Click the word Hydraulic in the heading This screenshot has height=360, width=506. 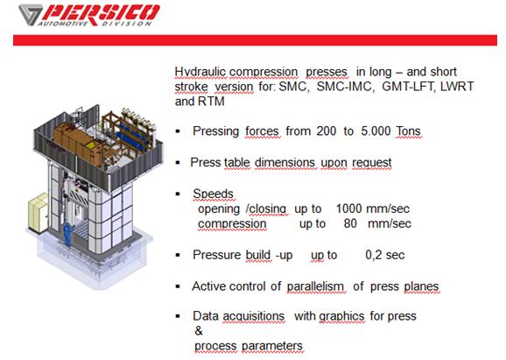pyautogui.click(x=200, y=72)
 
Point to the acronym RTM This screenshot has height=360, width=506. pyautogui.click(x=211, y=102)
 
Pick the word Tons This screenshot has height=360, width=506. pyautogui.click(x=409, y=131)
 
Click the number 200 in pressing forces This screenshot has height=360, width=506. pyautogui.click(x=327, y=131)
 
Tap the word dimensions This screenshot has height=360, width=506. pyautogui.click(x=285, y=162)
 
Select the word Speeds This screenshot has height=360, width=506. pyautogui.click(x=213, y=194)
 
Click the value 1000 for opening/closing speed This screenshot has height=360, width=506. pyautogui.click(x=348, y=208)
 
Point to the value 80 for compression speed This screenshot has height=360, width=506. pyautogui.click(x=350, y=223)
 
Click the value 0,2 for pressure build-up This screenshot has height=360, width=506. pyautogui.click(x=374, y=255)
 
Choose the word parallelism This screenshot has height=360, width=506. pyautogui.click(x=315, y=286)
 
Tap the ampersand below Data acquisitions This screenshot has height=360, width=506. pyautogui.click(x=199, y=330)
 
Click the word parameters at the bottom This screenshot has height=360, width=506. pyautogui.click(x=272, y=346)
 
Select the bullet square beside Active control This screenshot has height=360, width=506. pyautogui.click(x=178, y=286)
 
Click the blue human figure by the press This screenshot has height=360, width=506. pyautogui.click(x=67, y=234)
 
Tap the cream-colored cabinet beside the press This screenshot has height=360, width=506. pyautogui.click(x=38, y=213)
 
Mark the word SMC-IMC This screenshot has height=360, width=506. pyautogui.click(x=344, y=87)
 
